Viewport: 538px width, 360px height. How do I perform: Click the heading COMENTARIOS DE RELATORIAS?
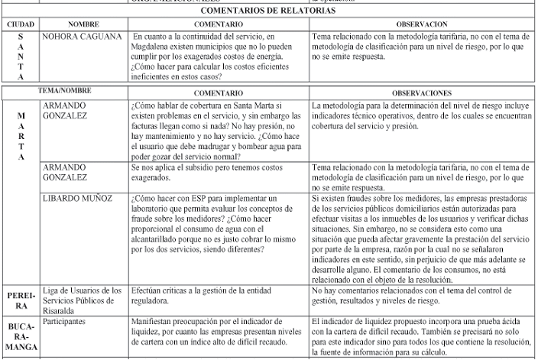[269, 11]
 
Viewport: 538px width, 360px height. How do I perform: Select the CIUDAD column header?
[20, 25]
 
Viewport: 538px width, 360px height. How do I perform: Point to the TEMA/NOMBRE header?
[65, 91]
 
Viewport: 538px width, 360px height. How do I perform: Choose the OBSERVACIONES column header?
[421, 92]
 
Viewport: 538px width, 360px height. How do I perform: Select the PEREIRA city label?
[20, 299]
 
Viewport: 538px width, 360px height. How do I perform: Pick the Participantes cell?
[65, 322]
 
